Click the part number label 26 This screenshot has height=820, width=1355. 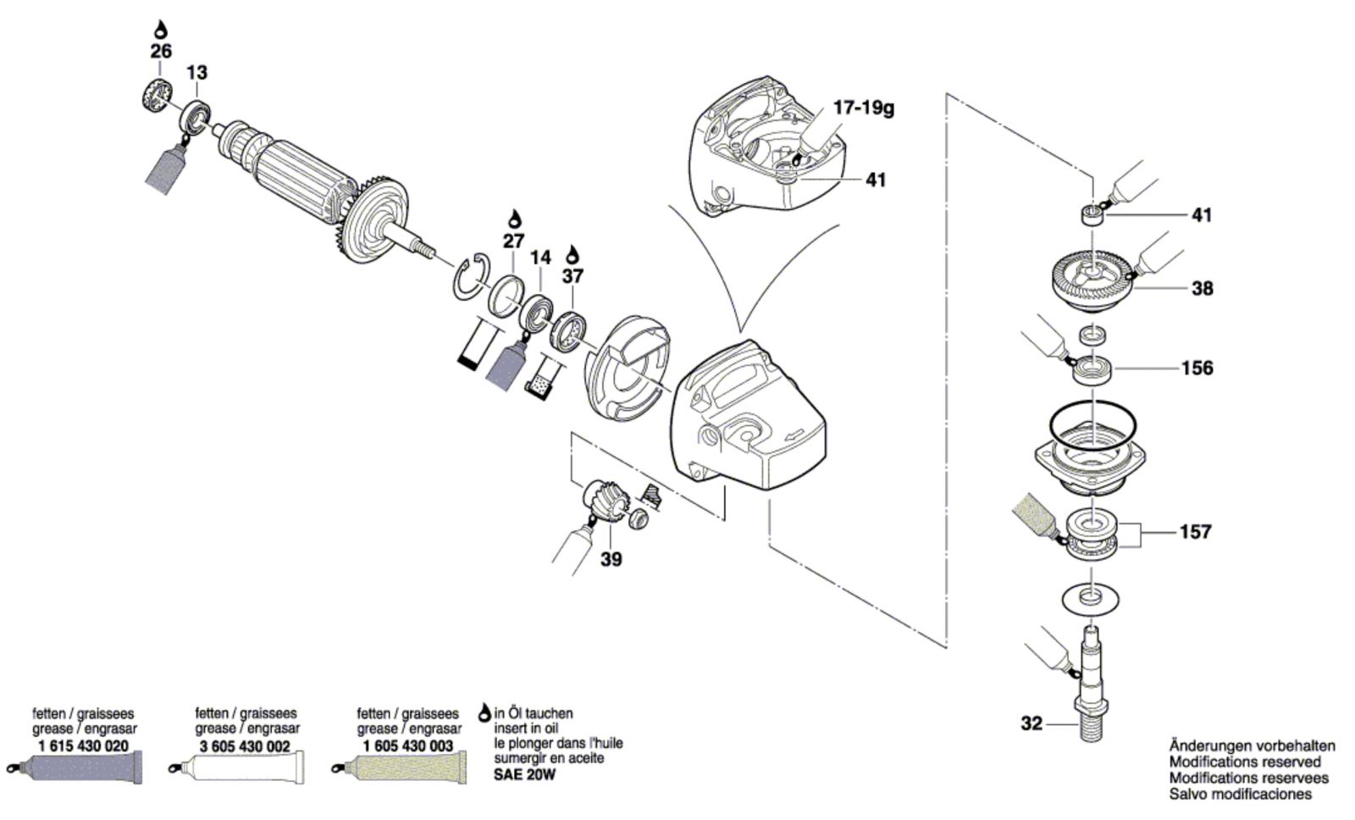click(161, 52)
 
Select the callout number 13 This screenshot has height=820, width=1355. click(196, 73)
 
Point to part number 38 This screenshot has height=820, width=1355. click(1202, 289)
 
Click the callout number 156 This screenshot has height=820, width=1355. click(1197, 368)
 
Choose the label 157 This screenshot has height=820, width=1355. click(1195, 532)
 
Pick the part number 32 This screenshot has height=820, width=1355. click(1031, 724)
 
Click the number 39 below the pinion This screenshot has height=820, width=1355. click(611, 560)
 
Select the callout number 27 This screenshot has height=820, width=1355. click(513, 241)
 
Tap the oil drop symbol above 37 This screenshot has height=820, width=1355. click(572, 253)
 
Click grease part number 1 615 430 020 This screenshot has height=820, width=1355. click(84, 746)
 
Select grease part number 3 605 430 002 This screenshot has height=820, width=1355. click(246, 746)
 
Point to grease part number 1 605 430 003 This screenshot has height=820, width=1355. click(408, 746)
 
